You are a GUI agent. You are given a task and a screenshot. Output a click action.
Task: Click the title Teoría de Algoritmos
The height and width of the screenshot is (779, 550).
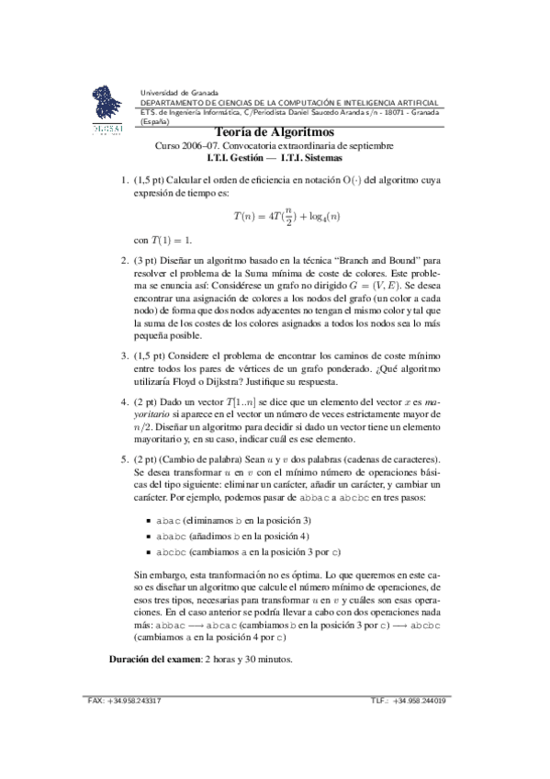coord(274,132)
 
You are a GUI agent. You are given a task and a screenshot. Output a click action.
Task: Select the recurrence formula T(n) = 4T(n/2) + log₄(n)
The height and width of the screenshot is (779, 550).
coord(287,218)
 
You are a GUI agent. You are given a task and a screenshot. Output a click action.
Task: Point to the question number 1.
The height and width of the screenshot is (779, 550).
coord(125,181)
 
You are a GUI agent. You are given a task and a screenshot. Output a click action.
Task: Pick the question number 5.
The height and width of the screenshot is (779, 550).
coord(125,458)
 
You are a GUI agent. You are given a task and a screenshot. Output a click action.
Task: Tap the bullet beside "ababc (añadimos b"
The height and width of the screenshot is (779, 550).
coord(148,536)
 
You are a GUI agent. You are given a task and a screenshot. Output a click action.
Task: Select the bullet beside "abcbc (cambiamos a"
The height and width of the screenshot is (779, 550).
coord(148,552)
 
